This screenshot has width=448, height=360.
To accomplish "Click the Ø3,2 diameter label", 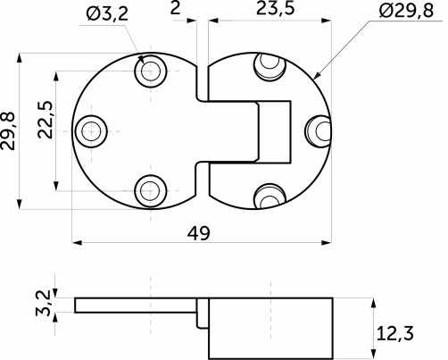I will tap(109, 13).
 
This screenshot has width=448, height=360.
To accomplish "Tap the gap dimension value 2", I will tap(176, 11).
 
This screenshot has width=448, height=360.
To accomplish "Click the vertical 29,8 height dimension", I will tap(10, 131).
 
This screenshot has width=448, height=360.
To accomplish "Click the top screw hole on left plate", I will tap(149, 71).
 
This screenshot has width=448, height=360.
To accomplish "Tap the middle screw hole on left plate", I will tap(90, 131).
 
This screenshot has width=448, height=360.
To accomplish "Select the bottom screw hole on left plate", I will tap(149, 189).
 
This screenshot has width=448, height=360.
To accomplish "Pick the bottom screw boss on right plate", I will tap(267, 196).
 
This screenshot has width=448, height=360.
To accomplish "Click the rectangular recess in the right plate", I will tap(272, 132).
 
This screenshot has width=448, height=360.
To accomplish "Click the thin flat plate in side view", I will tap(134, 306).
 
